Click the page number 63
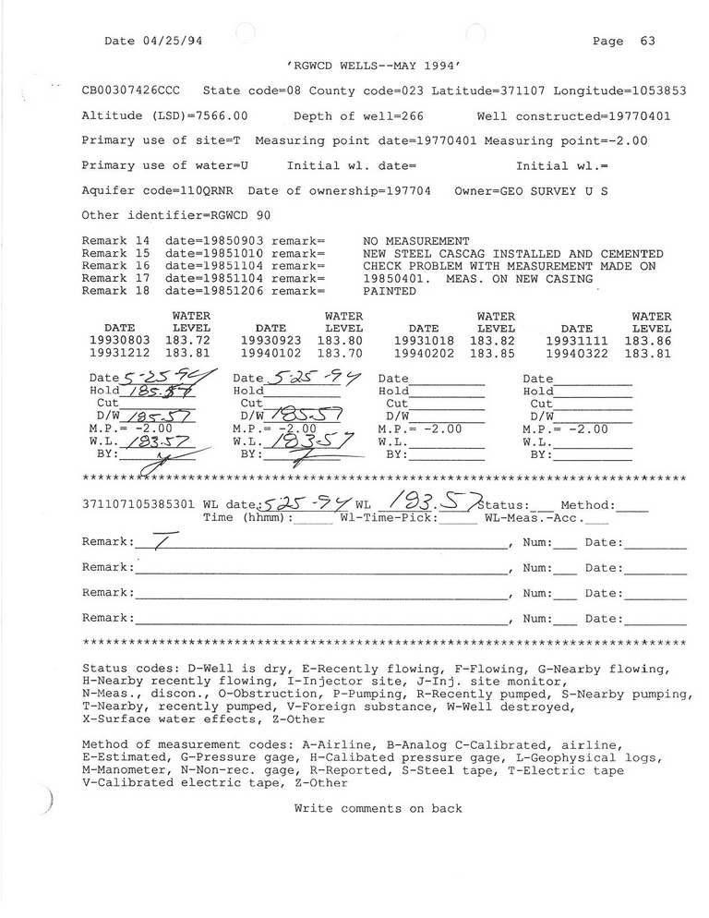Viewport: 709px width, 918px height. pos(646,41)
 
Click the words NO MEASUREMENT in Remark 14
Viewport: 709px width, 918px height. pos(416,241)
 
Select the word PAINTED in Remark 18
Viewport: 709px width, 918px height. pos(391,290)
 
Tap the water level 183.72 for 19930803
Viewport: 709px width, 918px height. pos(188,341)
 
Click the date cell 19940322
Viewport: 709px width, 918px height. pos(576,353)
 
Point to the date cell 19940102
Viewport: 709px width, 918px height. pos(270,353)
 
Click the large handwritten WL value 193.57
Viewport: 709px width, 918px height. pos(433,502)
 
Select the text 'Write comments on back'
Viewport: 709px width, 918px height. pos(379,808)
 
